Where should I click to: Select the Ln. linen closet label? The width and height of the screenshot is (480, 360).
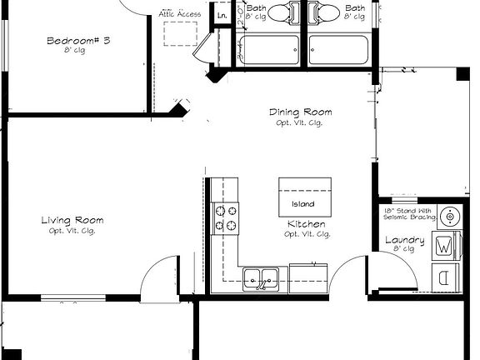point(222,16)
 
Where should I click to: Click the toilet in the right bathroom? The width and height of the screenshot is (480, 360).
point(326,12)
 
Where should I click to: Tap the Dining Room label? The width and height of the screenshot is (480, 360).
point(300,112)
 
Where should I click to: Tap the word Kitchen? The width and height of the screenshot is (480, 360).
point(307,225)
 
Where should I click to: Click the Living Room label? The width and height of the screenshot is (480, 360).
point(72,221)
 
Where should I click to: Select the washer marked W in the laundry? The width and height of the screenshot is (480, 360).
point(445,246)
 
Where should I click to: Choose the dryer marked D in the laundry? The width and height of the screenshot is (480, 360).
point(445,276)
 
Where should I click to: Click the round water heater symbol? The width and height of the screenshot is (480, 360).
point(450,217)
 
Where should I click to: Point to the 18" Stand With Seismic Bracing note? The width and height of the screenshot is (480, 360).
point(407,214)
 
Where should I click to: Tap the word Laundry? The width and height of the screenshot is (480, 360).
point(404,242)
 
